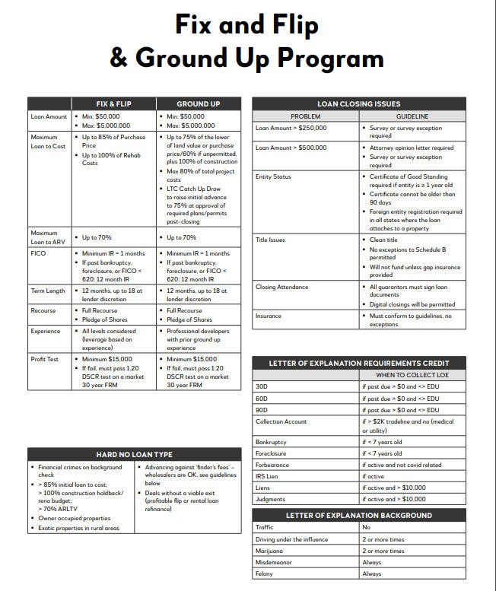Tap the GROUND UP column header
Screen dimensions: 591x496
pyautogui.click(x=198, y=104)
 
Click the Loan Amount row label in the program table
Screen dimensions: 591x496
pyautogui.click(x=49, y=116)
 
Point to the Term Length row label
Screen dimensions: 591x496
pyautogui.click(x=48, y=291)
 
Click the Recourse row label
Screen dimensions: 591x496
pyautogui.click(x=43, y=310)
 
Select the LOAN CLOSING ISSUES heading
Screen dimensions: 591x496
pyautogui.click(x=358, y=104)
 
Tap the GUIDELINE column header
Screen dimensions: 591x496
pyautogui.click(x=412, y=116)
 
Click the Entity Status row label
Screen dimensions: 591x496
pyautogui.click(x=273, y=177)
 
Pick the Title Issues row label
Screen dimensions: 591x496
pyautogui.click(x=271, y=240)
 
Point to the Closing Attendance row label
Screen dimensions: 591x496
pyautogui.click(x=282, y=287)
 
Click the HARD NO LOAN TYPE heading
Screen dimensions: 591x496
pyautogui.click(x=134, y=454)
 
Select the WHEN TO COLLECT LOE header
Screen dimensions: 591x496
pyautogui.click(x=411, y=375)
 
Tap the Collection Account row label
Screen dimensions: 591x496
pyautogui.click(x=281, y=421)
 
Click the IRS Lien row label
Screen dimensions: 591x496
pyautogui.click(x=268, y=476)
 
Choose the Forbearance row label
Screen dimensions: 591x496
pyautogui.click(x=272, y=465)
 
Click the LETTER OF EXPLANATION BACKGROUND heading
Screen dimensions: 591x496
pyautogui.click(x=358, y=515)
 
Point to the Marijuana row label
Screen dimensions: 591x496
pyautogui.click(x=269, y=550)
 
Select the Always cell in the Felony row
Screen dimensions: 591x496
pyautogui.click(x=372, y=574)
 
